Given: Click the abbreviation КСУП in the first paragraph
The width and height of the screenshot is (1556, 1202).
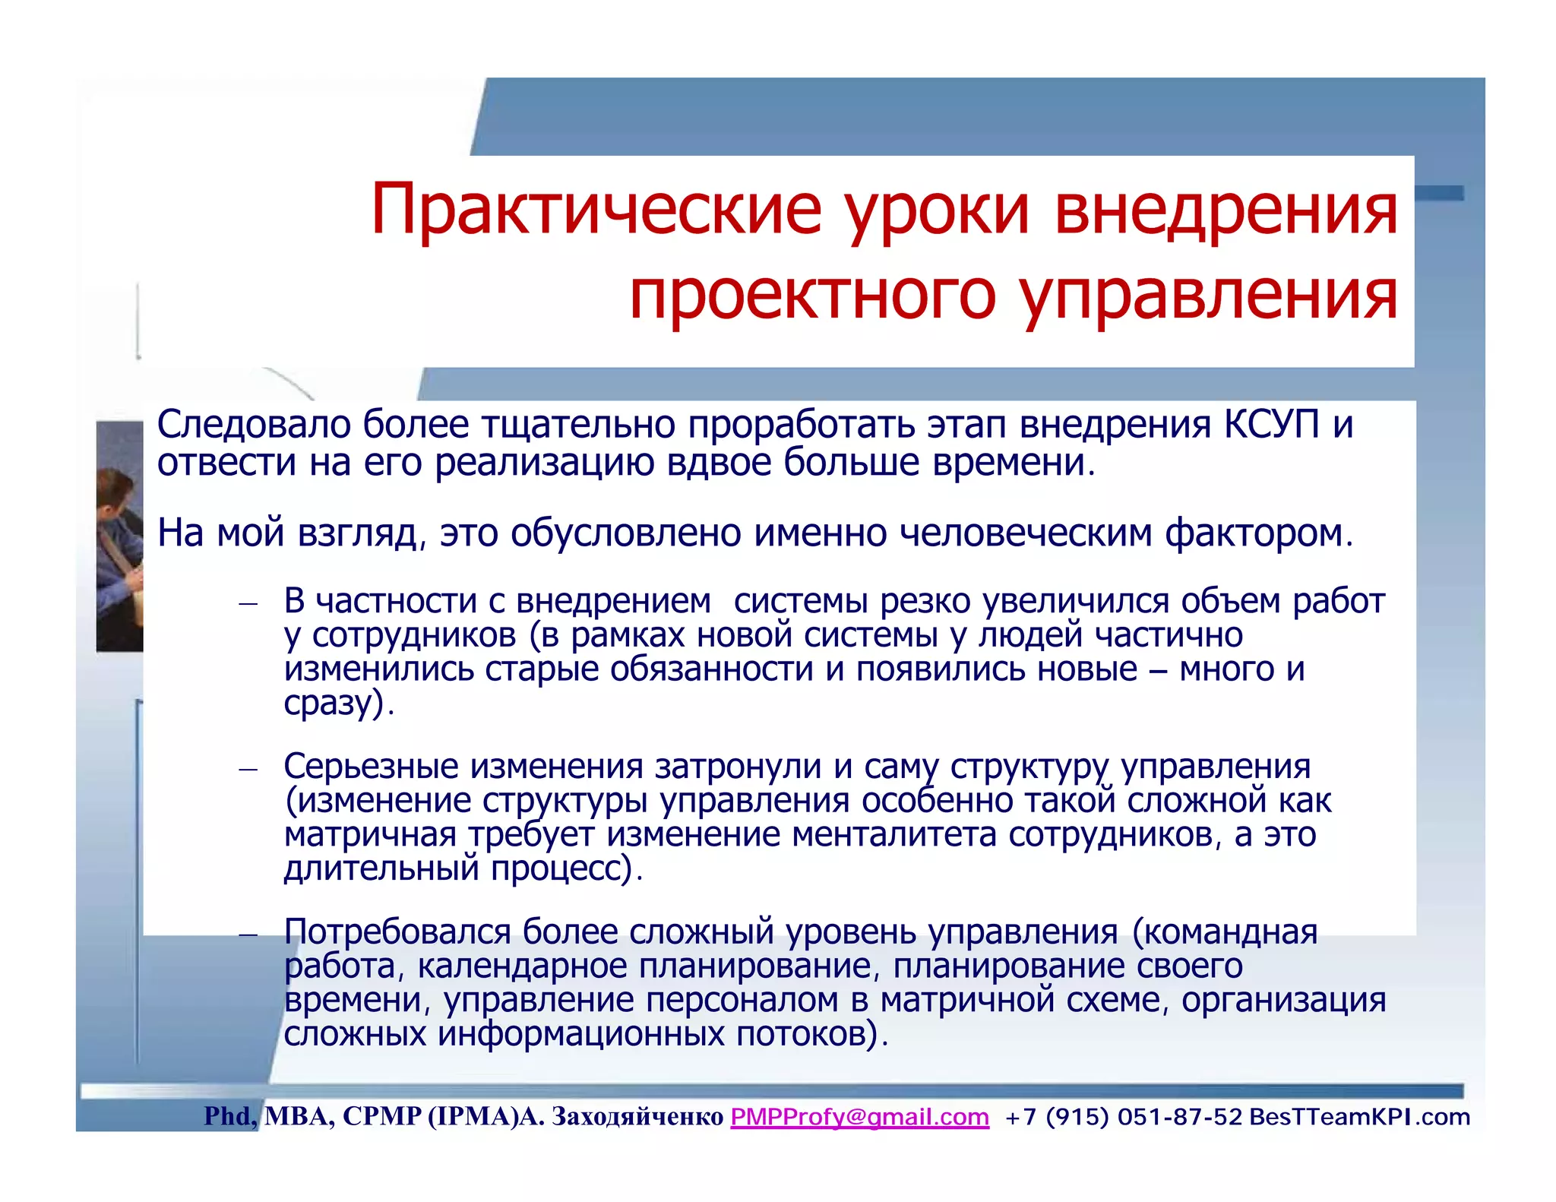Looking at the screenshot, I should [x=1271, y=424].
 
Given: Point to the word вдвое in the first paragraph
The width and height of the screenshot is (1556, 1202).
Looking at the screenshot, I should [x=719, y=462].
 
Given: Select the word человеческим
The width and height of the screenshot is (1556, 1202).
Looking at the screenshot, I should [x=1026, y=533].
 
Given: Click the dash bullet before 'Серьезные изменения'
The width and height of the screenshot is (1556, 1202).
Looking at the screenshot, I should [x=248, y=770].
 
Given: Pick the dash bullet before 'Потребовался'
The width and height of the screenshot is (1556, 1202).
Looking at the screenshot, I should [x=248, y=935].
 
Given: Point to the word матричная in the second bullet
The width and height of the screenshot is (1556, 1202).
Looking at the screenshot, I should [x=370, y=835].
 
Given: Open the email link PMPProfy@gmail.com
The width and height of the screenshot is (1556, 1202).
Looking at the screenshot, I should [x=859, y=1117].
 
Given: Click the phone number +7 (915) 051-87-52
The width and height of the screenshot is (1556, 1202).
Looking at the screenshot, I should [x=1123, y=1117].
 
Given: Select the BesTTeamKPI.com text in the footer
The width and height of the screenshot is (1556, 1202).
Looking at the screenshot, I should [x=1359, y=1117].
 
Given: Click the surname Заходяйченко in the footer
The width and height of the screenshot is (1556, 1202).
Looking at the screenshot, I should [x=637, y=1117].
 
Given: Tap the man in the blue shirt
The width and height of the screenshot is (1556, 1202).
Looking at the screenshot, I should [x=119, y=547].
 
